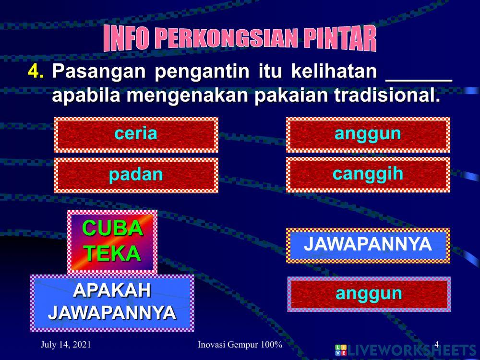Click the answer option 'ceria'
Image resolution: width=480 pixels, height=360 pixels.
(x=136, y=134)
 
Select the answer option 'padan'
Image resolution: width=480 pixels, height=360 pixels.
(x=136, y=175)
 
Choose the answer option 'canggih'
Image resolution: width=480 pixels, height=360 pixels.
(x=368, y=174)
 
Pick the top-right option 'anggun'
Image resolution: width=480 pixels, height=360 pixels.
(x=368, y=133)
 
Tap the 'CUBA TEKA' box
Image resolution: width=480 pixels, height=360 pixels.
(x=112, y=241)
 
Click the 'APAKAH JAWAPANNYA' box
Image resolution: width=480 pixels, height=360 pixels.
(x=112, y=302)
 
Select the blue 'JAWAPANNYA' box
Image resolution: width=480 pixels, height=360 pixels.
(x=368, y=245)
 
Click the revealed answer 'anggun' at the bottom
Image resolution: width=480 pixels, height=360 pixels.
(x=369, y=294)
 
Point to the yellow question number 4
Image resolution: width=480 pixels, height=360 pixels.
(x=35, y=72)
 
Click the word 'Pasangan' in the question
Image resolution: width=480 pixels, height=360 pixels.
(x=98, y=72)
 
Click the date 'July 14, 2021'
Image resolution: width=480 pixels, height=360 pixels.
(x=66, y=345)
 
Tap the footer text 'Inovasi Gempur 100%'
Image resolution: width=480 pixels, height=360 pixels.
(x=240, y=345)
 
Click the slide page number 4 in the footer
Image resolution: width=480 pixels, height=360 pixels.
(x=436, y=344)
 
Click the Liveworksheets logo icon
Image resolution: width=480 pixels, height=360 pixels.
(x=341, y=350)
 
